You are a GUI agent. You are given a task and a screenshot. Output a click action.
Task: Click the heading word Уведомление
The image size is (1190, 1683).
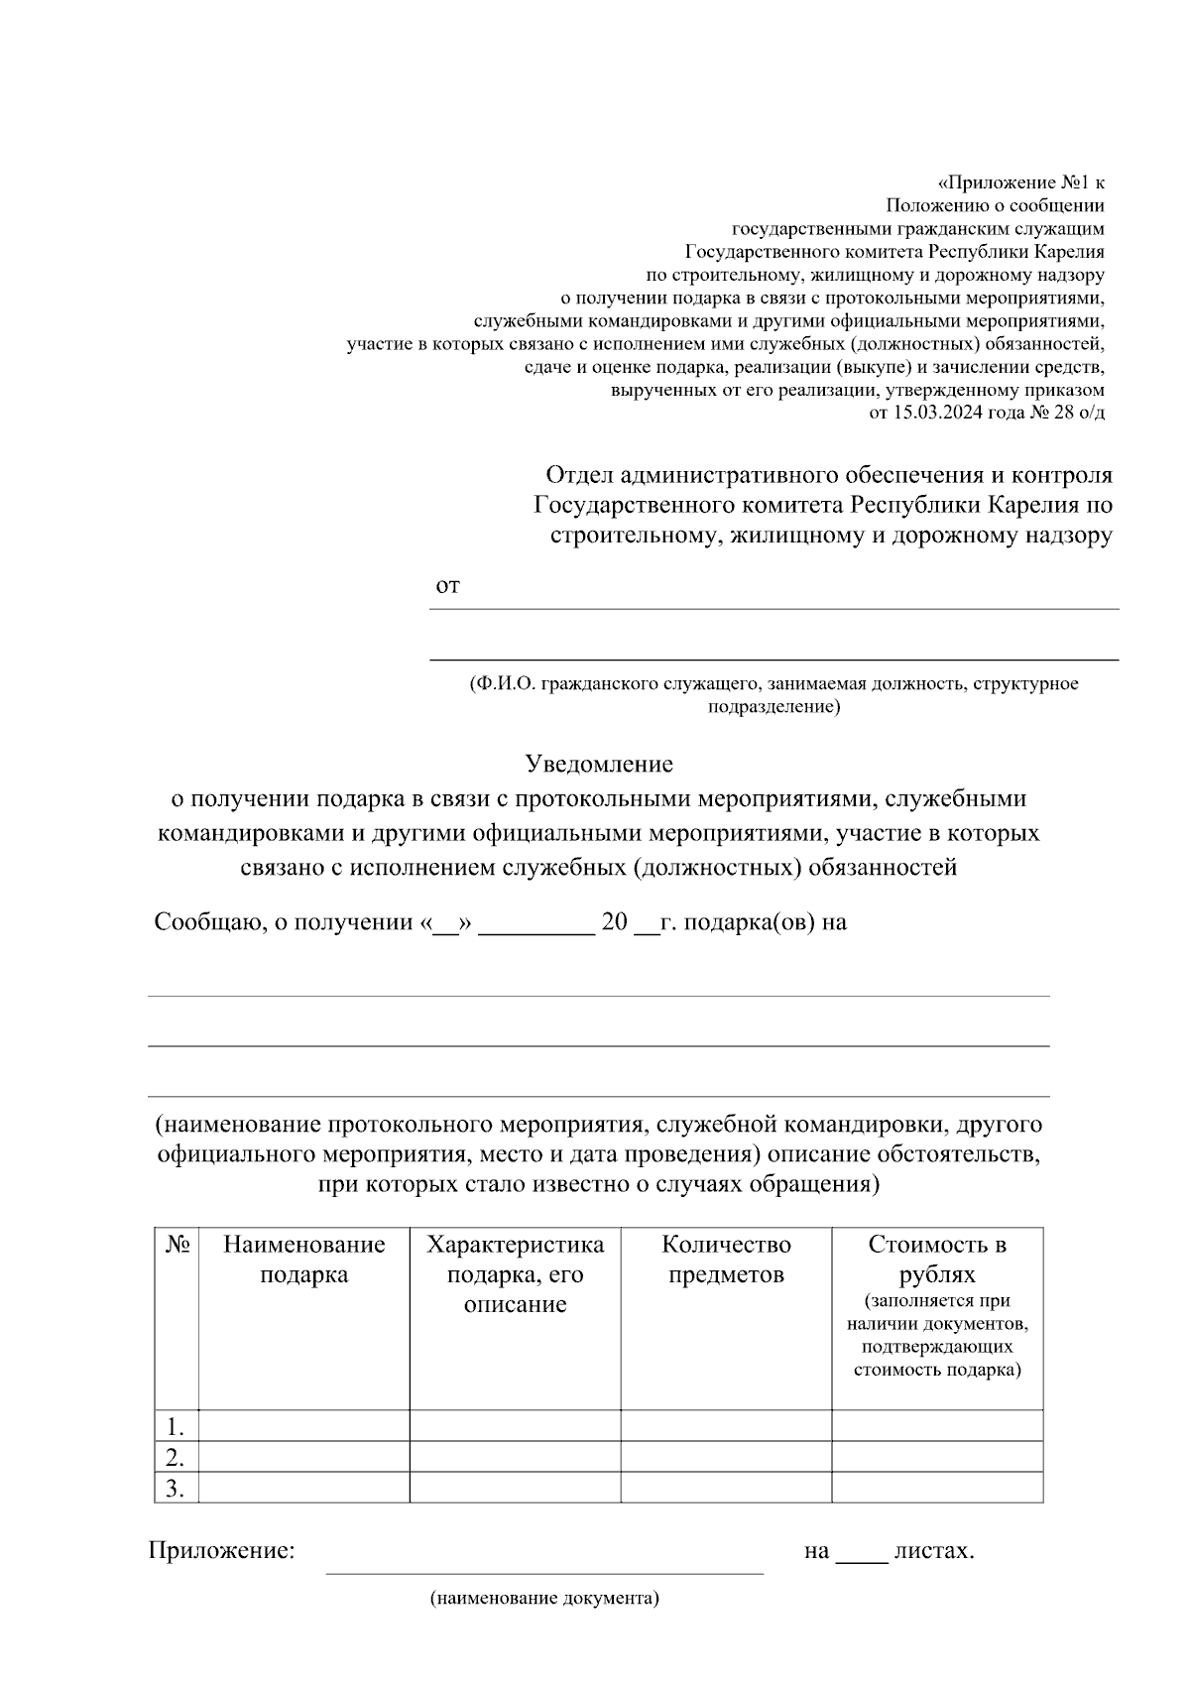[598, 764]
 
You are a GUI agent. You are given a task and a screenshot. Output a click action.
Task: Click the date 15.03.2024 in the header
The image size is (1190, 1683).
[935, 414]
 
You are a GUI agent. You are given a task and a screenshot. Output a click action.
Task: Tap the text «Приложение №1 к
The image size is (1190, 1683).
[1020, 183]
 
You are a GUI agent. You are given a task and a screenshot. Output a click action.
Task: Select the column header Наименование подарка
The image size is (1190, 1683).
[303, 1260]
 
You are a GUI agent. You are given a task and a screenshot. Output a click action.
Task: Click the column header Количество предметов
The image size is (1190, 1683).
[726, 1260]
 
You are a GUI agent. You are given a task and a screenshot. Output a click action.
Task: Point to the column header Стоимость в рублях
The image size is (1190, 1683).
[937, 1260]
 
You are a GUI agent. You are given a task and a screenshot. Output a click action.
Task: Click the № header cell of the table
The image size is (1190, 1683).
[177, 1246]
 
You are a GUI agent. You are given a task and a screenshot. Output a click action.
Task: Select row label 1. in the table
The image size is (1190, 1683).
[176, 1427]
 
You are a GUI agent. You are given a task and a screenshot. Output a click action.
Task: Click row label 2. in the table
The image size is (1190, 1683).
[176, 1458]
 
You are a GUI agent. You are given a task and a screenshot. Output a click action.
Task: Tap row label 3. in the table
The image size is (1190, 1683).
[176, 1488]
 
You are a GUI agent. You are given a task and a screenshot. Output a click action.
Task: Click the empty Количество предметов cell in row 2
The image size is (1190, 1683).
[726, 1456]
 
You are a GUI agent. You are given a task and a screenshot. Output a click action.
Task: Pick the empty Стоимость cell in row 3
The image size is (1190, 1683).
[937, 1487]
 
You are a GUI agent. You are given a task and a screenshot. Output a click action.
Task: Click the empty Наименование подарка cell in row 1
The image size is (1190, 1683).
[303, 1425]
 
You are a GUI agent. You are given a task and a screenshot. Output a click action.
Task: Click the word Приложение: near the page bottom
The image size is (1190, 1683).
[222, 1550]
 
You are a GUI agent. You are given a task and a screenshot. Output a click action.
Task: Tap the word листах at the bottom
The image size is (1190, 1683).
[933, 1550]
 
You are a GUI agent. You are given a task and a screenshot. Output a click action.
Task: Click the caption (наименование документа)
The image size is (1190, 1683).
[544, 1599]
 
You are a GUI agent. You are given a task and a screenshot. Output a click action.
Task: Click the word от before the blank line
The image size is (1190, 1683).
[447, 586]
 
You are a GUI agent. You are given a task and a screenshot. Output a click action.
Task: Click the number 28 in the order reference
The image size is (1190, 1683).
[1064, 414]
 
